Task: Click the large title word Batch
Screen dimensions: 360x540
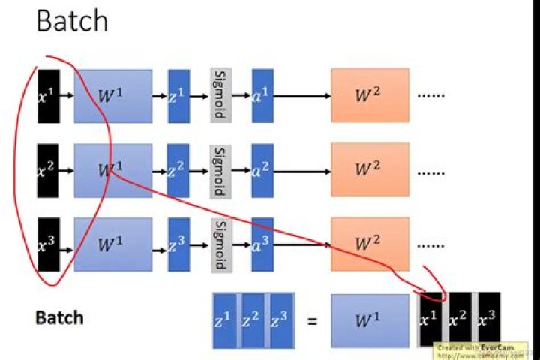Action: [72, 21]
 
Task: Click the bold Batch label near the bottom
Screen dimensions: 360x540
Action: [59, 317]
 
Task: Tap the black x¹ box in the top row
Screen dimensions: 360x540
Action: [48, 96]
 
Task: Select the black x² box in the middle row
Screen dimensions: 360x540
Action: [48, 170]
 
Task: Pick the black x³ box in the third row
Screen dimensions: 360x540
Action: [48, 244]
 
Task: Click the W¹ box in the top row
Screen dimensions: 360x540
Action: [112, 96]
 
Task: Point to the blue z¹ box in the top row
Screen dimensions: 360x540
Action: [178, 96]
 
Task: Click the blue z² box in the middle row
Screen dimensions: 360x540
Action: [178, 170]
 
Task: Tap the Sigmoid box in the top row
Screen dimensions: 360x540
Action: [220, 96]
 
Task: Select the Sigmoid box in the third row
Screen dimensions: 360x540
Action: [220, 244]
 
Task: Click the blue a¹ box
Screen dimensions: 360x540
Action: [262, 96]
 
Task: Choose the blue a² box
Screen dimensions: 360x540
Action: [262, 170]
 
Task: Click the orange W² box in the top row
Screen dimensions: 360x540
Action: [370, 96]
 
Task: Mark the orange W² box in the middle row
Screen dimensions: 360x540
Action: [370, 170]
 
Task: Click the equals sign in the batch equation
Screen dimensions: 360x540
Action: [312, 320]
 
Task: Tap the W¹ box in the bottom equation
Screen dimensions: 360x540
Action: [364, 320]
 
